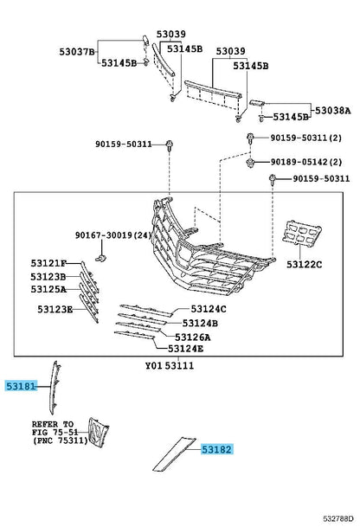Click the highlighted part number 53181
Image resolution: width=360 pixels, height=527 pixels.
tap(21, 386)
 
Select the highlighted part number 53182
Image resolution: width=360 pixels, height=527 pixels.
tap(217, 449)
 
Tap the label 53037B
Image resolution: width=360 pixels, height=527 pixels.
tap(77, 52)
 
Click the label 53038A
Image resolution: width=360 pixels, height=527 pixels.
tap(333, 111)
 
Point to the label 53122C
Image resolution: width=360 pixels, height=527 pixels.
tap(305, 265)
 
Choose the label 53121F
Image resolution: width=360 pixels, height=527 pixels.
tap(48, 263)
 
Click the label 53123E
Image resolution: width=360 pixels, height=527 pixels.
tap(55, 309)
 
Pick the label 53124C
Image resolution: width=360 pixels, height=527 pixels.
tap(209, 309)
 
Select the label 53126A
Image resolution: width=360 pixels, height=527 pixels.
tap(193, 337)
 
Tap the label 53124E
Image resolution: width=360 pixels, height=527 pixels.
tap(185, 349)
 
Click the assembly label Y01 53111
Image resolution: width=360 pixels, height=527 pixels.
tap(170, 366)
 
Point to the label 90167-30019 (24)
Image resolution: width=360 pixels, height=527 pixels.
tap(113, 235)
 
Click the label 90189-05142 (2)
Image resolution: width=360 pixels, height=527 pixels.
tap(306, 162)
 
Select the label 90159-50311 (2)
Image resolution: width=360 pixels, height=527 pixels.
tap(306, 138)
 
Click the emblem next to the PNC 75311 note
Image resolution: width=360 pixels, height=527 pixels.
tap(98, 433)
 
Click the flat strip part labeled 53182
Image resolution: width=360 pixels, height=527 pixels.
tap(174, 453)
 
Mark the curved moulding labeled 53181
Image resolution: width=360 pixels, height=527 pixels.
tap(54, 387)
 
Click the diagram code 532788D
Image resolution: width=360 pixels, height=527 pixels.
tap(338, 518)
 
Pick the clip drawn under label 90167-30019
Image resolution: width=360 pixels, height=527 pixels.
tap(101, 258)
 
